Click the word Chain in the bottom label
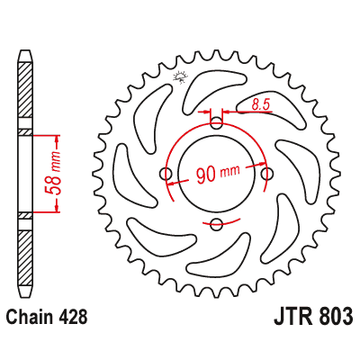click(x=32, y=317)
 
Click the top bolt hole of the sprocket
click(x=216, y=123)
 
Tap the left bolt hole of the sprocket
click(x=166, y=174)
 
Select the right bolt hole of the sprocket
click(x=266, y=174)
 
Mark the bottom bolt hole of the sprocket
click(x=216, y=224)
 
